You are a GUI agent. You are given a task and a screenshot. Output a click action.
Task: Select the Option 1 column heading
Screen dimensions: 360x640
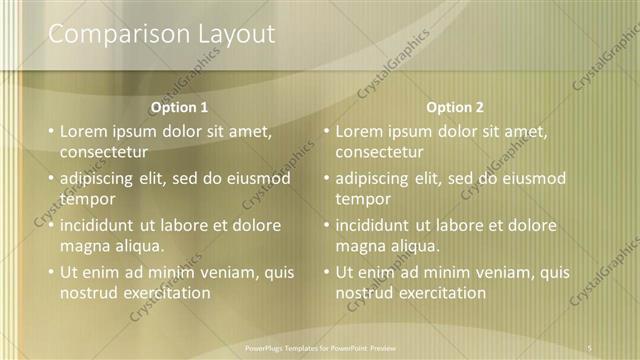click(x=179, y=107)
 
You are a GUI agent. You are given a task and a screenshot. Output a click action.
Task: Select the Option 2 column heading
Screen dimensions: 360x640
click(x=454, y=107)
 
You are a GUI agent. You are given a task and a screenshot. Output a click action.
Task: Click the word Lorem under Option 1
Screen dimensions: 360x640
click(x=83, y=131)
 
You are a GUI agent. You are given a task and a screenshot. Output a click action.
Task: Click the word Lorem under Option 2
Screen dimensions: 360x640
click(x=358, y=131)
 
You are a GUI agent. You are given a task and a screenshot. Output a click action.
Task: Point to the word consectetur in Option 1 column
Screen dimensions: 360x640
click(x=104, y=152)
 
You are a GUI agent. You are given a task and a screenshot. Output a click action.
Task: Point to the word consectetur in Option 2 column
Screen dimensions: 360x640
click(x=379, y=152)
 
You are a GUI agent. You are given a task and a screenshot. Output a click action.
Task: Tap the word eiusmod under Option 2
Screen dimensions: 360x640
click(x=529, y=178)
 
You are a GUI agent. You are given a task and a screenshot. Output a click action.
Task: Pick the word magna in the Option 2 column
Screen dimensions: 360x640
click(x=359, y=246)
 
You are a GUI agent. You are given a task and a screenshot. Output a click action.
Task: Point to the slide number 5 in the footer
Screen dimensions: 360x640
click(x=590, y=347)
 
